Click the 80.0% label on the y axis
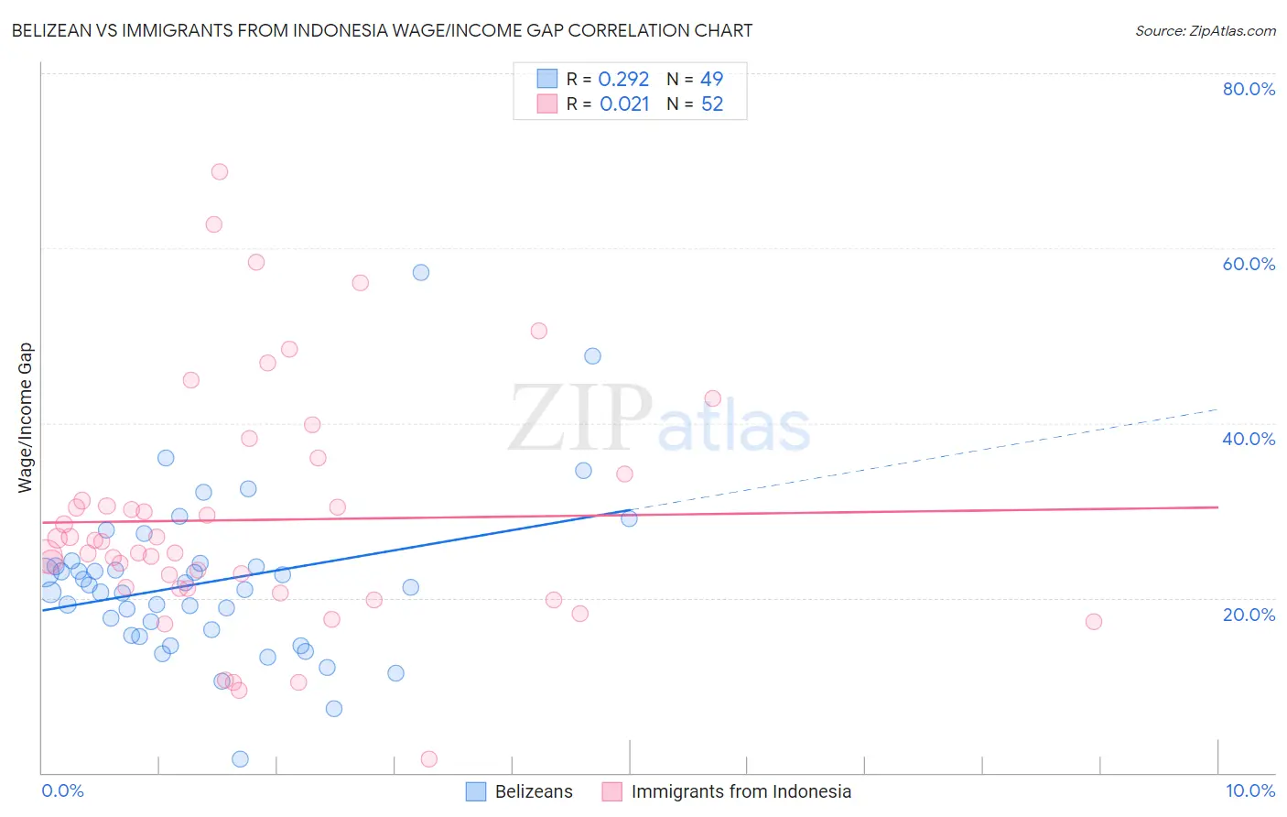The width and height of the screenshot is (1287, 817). point(1249,89)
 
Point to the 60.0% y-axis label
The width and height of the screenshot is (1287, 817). point(1249,264)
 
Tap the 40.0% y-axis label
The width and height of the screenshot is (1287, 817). point(1249,439)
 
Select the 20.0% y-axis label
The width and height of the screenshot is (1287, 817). point(1249,615)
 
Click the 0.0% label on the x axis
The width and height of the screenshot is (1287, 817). point(62,790)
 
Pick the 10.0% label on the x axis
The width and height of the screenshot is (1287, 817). point(1249,790)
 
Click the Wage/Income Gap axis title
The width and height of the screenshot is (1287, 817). point(25,418)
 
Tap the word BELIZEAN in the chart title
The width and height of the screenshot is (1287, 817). point(53,30)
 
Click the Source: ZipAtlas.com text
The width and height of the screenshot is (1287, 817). point(1205,30)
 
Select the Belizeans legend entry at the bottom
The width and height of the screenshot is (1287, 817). point(534,791)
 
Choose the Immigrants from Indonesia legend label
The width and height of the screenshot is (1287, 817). point(741,791)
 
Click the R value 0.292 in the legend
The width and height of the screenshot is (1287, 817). point(623,80)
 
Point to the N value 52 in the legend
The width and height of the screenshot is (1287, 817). point(712,104)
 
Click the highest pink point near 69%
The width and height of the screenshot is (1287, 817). point(220,171)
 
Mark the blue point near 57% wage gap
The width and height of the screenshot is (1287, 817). point(421,272)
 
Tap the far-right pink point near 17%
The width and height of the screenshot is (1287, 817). point(1093,621)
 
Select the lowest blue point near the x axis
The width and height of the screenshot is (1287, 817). point(240,758)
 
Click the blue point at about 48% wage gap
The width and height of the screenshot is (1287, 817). point(592,355)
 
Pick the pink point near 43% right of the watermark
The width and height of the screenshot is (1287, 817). point(712,398)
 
